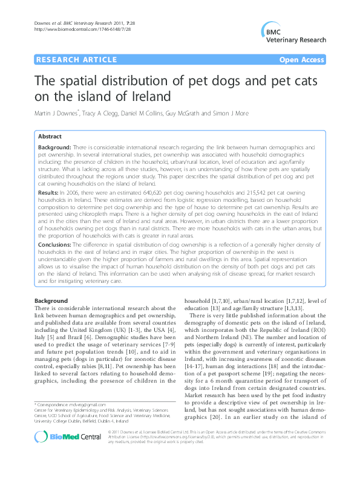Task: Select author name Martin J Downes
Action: pos(57,114)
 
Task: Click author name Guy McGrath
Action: pos(178,114)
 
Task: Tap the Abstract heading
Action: pos(50,137)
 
